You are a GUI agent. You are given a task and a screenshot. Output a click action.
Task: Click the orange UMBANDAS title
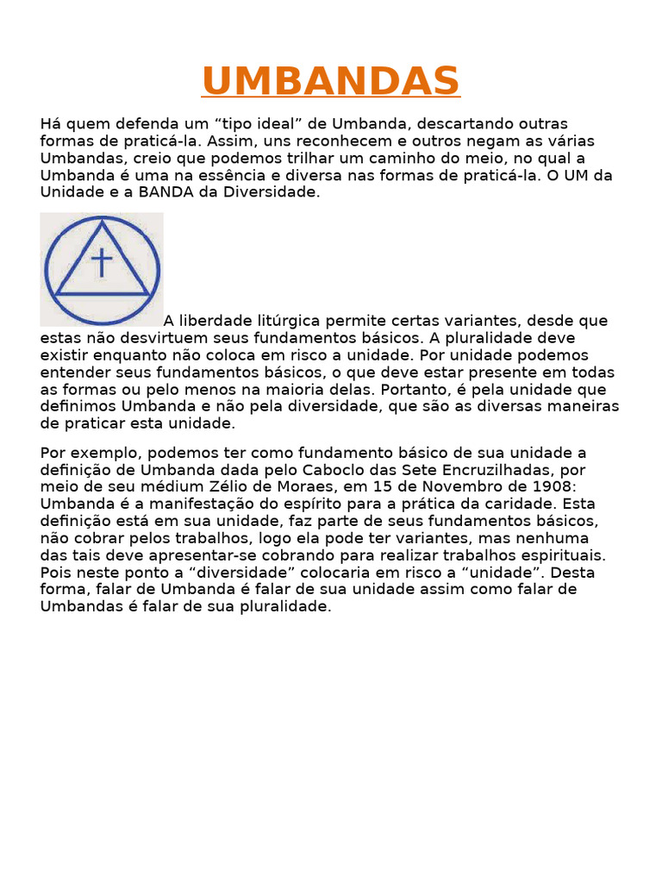[x=331, y=82]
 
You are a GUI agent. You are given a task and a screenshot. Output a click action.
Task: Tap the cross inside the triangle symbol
[x=102, y=262]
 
